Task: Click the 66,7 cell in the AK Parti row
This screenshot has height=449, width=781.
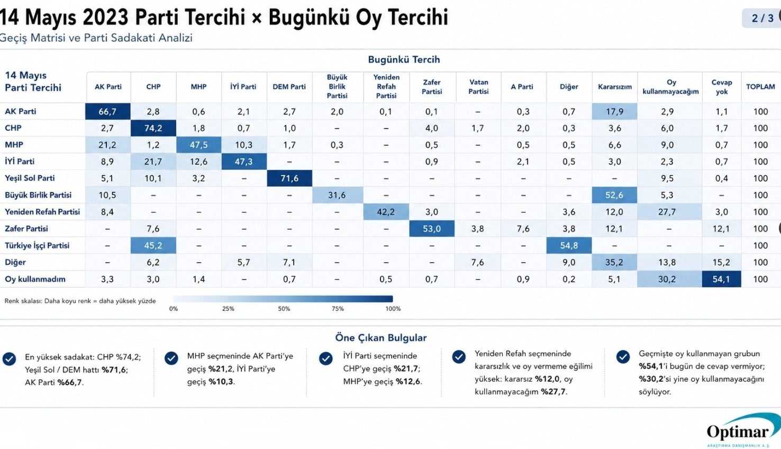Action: pyautogui.click(x=107, y=111)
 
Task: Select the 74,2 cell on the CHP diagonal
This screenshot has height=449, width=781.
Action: pyautogui.click(x=153, y=128)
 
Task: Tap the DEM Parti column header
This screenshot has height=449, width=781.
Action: pyautogui.click(x=289, y=87)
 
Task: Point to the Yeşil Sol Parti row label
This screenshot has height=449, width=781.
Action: pyautogui.click(x=30, y=178)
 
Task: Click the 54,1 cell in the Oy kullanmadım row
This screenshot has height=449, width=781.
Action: pyautogui.click(x=721, y=279)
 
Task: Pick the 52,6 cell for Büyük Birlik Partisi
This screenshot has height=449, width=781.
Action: pyautogui.click(x=614, y=195)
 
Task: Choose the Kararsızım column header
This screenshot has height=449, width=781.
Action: pyautogui.click(x=615, y=87)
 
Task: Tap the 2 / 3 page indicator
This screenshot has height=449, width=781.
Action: pyautogui.click(x=762, y=18)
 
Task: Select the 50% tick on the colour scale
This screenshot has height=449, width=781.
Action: pyautogui.click(x=284, y=309)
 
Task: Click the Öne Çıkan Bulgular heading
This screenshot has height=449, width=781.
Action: pyautogui.click(x=381, y=338)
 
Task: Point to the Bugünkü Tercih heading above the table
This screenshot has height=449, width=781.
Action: pyautogui.click(x=404, y=60)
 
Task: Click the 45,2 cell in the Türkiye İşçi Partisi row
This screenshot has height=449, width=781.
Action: pyautogui.click(x=153, y=246)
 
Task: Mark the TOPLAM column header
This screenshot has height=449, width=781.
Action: pyautogui.click(x=760, y=87)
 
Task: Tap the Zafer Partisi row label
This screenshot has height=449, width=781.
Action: pyautogui.click(x=26, y=229)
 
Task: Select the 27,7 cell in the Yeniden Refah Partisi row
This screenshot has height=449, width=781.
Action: pyautogui.click(x=667, y=212)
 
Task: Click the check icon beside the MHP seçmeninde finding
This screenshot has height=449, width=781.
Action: pyautogui.click(x=171, y=358)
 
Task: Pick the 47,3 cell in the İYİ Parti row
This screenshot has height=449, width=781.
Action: pyautogui.click(x=243, y=161)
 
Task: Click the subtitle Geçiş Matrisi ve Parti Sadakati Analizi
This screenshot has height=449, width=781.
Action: pyautogui.click(x=96, y=38)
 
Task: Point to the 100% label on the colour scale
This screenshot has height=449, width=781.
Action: pyautogui.click(x=393, y=309)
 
